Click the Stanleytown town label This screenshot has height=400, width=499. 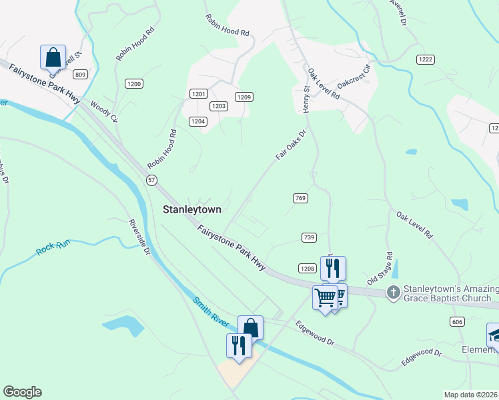tap(192, 209)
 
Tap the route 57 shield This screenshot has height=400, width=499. tap(152, 180)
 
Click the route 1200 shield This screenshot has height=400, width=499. tap(134, 83)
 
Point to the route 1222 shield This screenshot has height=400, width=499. tap(426, 59)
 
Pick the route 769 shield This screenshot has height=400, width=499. tap(300, 198)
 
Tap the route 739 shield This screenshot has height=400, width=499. tap(308, 238)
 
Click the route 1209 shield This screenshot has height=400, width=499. tap(243, 97)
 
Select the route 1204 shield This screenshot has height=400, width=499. tap(197, 121)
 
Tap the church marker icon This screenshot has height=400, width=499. tap(394, 292)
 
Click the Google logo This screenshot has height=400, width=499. tap(22, 392)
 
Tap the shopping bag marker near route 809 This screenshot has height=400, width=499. tap(53, 57)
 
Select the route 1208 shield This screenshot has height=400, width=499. tap(307, 269)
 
